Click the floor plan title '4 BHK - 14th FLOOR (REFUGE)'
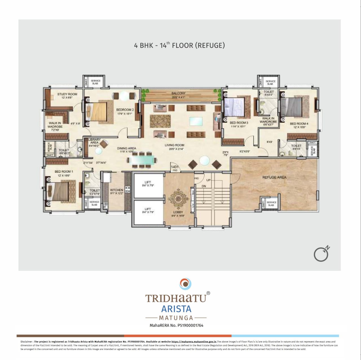[179, 45]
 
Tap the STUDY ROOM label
[67, 94]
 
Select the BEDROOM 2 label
[125, 110]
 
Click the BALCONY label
[178, 93]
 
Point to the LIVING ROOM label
[174, 145]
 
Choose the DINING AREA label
[126, 148]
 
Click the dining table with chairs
[141, 160]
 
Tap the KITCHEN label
[116, 190]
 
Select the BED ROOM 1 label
[64, 172]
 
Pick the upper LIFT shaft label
[148, 182]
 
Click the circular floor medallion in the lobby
[178, 199]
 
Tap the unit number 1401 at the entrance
[175, 167]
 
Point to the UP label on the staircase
[208, 180]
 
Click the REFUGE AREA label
[274, 177]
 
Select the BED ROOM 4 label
[299, 124]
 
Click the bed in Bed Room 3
[234, 107]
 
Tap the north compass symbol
[322, 254]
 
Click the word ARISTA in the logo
[176, 309]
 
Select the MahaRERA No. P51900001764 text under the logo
[176, 325]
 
